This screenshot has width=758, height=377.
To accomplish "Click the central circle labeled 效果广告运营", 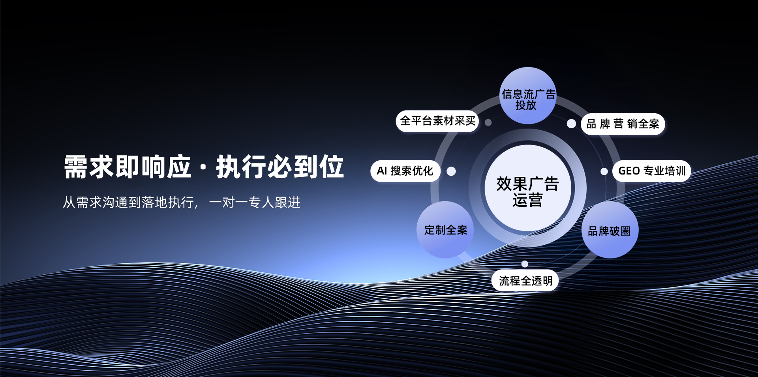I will pos(527,188).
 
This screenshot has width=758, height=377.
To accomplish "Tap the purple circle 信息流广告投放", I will pos(528,96).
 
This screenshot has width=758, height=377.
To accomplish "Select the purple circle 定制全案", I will pos(445,230).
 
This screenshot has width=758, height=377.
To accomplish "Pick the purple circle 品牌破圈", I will pos(610,231).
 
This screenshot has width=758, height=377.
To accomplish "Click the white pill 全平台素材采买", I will pos(437,121).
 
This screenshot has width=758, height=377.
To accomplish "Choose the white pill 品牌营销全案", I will pos(623,124).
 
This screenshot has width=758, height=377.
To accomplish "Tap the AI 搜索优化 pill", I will pos(405,171).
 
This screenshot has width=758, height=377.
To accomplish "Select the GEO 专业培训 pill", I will pos(651,171).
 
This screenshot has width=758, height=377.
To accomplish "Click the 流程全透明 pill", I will pos(525,281).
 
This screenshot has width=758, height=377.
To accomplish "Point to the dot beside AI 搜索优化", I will pos(451,171).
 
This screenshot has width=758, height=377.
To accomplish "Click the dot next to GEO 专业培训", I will pos(604,171).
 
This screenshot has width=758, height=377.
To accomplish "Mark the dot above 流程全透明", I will pos(525,264).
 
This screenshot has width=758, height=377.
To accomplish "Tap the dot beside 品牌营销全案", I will pos(571,124).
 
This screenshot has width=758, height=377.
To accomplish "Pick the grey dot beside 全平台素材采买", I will pos(488,122).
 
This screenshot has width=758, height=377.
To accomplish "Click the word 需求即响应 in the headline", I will pos(128,167).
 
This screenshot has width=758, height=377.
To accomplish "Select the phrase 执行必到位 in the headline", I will pos(280,167).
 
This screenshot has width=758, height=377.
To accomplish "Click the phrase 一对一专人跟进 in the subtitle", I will pos(255,203).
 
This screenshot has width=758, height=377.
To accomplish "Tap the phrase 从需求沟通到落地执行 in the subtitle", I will pos(128,203).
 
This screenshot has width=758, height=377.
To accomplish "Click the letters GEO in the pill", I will pos(629,171).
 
